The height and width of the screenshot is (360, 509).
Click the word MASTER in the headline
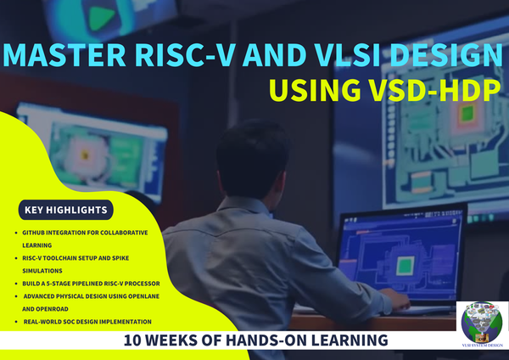coord(64,54)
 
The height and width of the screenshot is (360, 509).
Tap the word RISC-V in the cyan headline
coord(184,54)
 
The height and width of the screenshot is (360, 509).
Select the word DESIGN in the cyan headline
coord(446,54)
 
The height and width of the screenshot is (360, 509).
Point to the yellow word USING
coord(315,90)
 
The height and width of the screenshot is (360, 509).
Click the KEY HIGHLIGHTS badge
coord(66,210)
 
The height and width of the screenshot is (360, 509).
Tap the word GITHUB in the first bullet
coord(33,233)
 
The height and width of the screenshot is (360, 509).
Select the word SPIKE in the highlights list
coord(120,258)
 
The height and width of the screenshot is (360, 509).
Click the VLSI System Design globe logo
coord(483,323)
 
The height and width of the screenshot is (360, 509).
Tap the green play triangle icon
coord(102,17)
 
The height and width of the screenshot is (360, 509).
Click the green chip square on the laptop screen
coord(406,265)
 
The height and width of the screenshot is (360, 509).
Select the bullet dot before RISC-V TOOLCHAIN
coord(16,258)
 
